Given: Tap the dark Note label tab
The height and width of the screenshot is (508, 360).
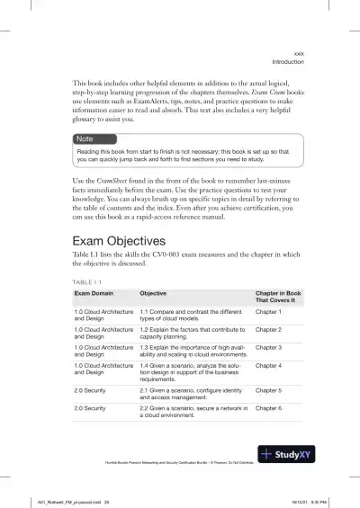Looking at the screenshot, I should (85, 138).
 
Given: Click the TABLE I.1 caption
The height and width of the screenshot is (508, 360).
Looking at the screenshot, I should (88, 281).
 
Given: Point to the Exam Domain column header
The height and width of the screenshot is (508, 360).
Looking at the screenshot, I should (97, 293).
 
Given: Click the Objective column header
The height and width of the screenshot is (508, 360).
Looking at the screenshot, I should (157, 293).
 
